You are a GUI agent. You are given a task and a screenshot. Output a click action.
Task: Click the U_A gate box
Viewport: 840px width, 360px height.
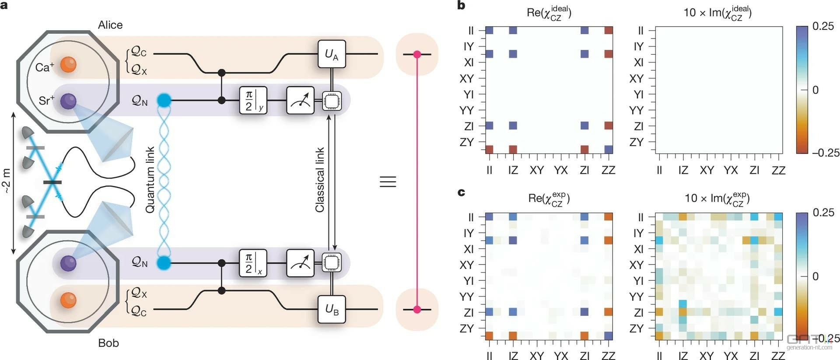332,54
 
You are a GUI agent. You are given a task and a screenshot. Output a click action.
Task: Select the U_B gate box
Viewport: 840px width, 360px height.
332,309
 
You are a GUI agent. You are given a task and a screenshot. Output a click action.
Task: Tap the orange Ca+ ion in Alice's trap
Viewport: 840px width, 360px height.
68,64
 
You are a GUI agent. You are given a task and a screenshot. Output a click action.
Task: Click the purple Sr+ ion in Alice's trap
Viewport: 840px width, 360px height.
68,101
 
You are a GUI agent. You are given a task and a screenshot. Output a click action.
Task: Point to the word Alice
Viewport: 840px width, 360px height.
110,25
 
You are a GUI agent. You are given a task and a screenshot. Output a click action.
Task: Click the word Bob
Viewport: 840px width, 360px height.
108,343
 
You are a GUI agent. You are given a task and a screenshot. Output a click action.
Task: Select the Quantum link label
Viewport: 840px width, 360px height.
150,180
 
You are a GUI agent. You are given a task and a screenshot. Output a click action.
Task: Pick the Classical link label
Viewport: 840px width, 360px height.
320,180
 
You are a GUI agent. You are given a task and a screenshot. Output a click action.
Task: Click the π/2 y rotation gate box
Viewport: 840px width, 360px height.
253,101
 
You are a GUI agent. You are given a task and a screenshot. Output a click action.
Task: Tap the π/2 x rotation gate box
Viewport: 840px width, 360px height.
253,263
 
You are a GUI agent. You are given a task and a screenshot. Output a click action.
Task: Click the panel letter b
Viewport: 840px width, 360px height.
461,6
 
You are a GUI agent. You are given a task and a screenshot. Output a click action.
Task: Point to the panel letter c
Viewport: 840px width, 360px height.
461,192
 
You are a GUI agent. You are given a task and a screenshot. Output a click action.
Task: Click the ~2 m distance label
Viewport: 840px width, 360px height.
6,181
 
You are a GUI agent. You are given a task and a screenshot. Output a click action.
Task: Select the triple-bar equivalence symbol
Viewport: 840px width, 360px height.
388,182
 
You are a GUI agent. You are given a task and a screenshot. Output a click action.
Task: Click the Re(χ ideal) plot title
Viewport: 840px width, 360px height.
549,12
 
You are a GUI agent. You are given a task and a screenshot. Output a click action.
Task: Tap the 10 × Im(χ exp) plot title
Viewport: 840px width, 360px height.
717,199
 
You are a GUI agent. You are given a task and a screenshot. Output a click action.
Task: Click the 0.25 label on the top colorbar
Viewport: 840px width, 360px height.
823,26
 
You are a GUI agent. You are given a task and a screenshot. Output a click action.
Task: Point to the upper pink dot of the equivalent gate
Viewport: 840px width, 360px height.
417,54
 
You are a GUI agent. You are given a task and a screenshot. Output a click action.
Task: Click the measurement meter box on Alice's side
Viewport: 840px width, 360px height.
300,101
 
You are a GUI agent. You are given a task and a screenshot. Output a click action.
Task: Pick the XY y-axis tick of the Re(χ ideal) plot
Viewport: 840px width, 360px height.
467,78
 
